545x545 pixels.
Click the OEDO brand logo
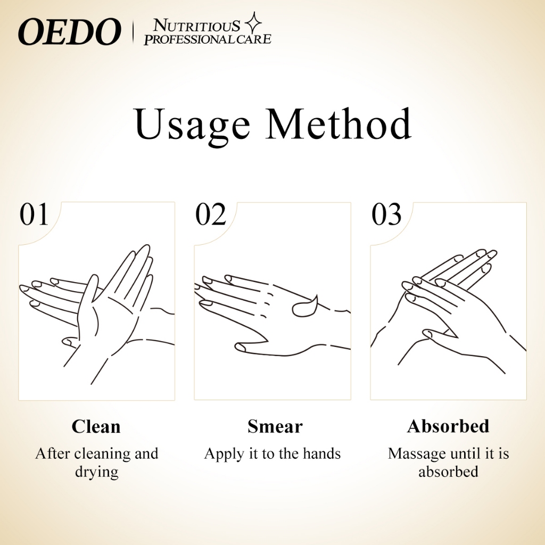[x=70, y=32]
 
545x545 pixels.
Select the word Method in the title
[x=338, y=123]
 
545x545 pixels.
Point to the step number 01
[x=34, y=214]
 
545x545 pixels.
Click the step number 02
[x=211, y=214]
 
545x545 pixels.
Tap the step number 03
[x=386, y=214]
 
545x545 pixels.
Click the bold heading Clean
[x=96, y=426]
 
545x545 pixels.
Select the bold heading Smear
[x=275, y=426]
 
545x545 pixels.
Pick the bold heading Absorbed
[x=448, y=426]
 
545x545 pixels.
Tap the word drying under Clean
[x=97, y=473]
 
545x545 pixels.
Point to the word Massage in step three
[x=416, y=455]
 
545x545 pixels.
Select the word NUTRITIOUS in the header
[x=196, y=26]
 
